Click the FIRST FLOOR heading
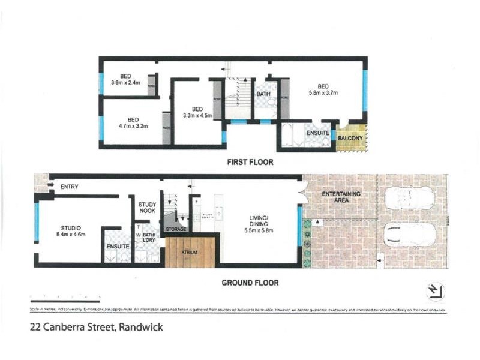click(250, 162)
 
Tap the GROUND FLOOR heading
click(250, 283)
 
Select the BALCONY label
click(349, 139)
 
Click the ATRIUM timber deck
click(189, 252)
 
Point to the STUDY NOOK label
click(147, 208)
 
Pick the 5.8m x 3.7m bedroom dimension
click(323, 92)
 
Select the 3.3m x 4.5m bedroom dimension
click(197, 115)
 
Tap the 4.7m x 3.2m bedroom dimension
click(133, 125)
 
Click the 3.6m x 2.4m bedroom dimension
click(125, 82)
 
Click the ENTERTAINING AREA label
click(341, 197)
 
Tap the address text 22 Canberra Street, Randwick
click(97, 328)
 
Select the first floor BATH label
click(263, 94)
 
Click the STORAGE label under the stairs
click(176, 229)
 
